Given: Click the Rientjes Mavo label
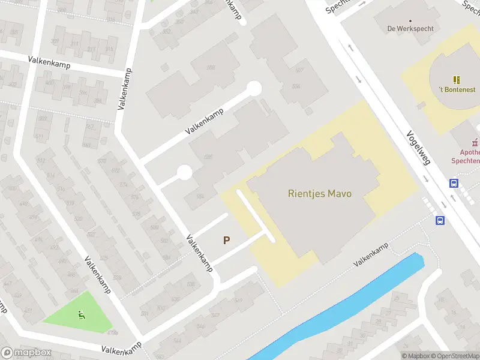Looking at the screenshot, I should coord(320,194).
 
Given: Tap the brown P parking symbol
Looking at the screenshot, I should coord(227,240).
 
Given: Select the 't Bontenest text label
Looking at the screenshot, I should coord(457,89).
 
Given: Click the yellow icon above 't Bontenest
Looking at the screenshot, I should coord(457,79).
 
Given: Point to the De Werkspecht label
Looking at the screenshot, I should coord(410,28).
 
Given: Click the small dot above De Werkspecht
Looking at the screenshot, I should coord(410,20).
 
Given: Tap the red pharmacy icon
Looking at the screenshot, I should coord(475,143).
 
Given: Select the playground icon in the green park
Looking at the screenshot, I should coord(81,313).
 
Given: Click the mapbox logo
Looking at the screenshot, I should coord(25,353).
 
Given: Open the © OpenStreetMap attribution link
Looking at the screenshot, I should coord(455,356).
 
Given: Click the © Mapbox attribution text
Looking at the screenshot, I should coord(416,356).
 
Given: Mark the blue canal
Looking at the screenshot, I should coord(348,303).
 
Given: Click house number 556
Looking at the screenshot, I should coord(296,86).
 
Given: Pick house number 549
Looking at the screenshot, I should coord(238,300).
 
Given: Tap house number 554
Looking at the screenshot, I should coord(199,196).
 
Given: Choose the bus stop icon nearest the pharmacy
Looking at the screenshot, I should coord(454,184).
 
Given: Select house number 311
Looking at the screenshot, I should coord(74,44).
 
